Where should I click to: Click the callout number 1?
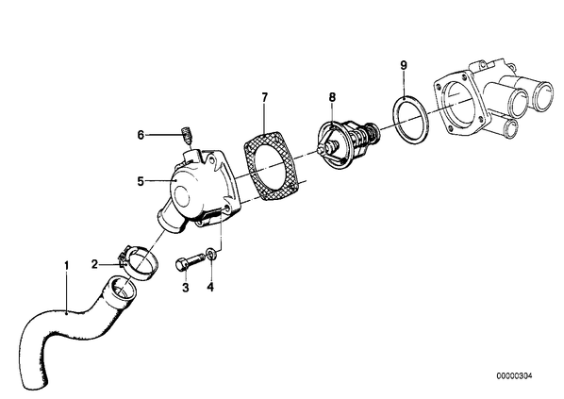66,266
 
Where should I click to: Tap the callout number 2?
94,265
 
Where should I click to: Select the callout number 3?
186,287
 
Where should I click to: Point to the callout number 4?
210,287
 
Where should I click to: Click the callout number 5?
141,181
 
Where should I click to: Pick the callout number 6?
141,135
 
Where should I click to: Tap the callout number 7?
265,97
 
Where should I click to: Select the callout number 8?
332,96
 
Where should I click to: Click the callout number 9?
404,65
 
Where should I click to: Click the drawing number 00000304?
514,376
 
